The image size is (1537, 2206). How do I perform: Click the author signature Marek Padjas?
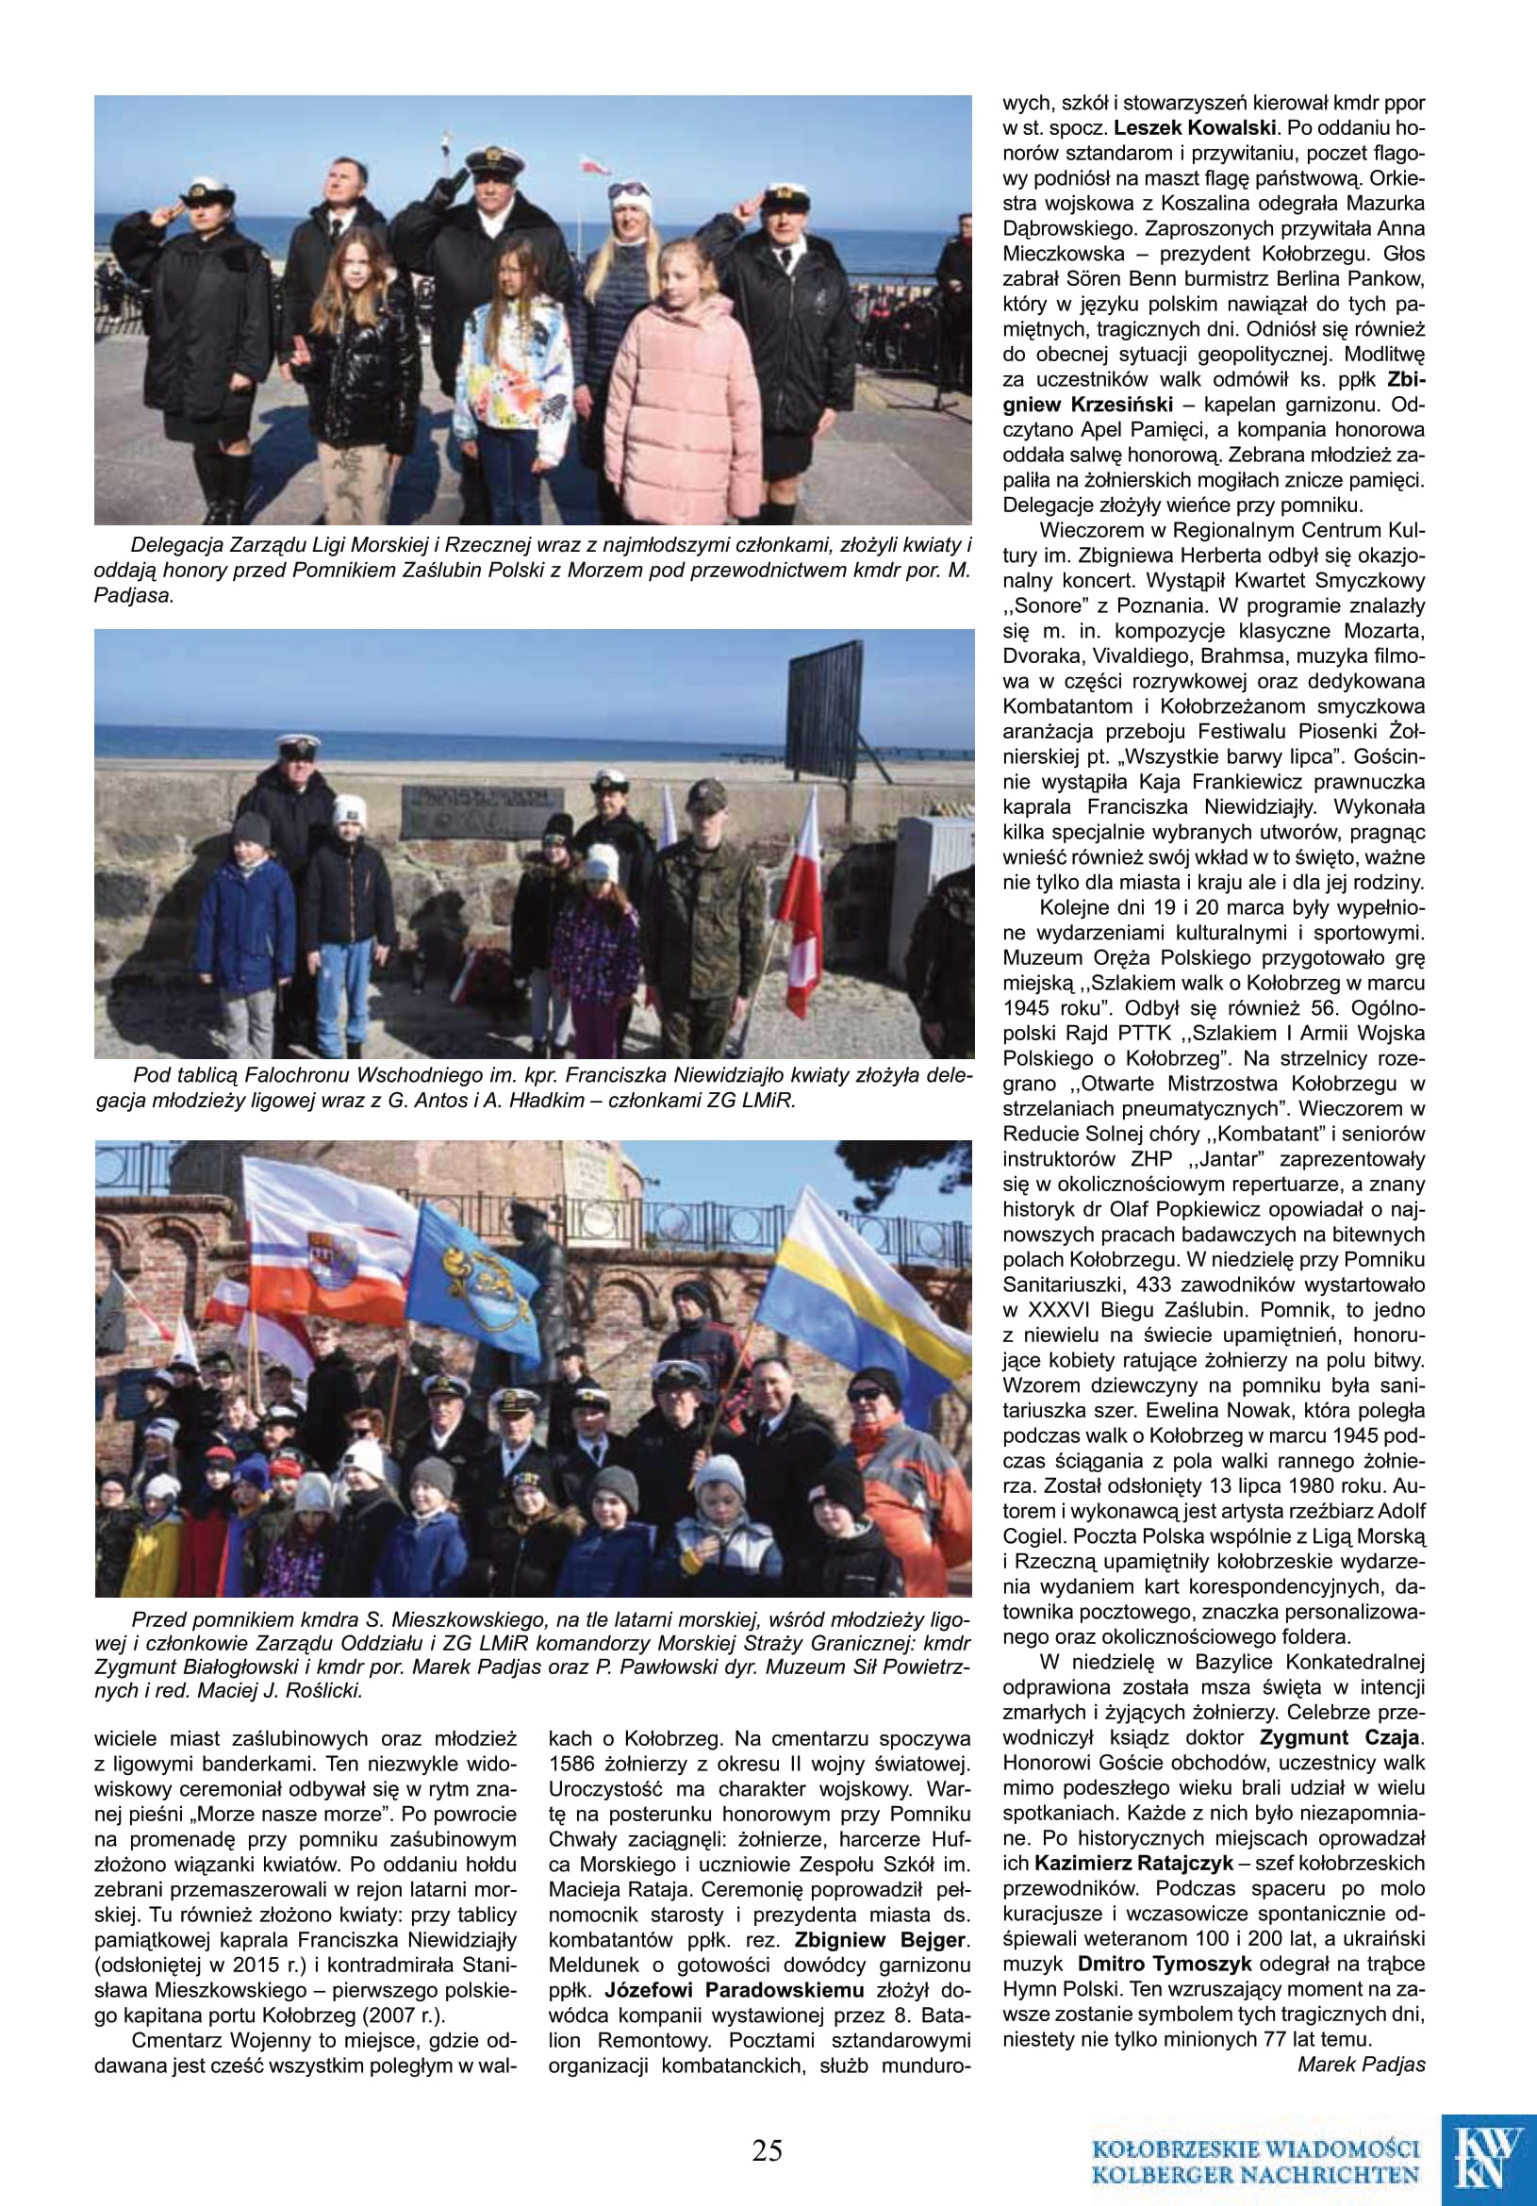click(1361, 2064)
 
